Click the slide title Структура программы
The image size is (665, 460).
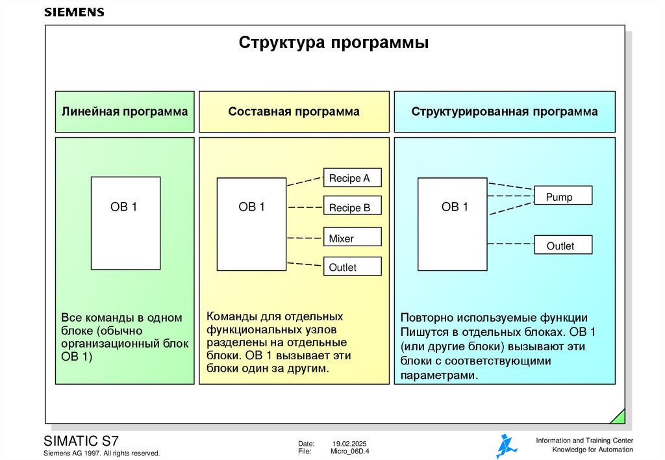334,44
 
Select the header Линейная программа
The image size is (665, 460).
125,112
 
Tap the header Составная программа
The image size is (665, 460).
294,112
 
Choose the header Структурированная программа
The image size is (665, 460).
504,112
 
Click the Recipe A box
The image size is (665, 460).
352,178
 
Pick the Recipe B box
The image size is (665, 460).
352,208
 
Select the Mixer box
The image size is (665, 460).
352,238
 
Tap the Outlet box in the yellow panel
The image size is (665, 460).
352,267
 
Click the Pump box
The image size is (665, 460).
562,197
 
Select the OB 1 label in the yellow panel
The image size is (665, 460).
252,207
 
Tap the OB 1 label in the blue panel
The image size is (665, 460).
455,207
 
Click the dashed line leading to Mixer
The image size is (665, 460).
305,237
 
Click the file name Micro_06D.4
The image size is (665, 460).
350,451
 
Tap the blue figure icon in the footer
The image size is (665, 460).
506,446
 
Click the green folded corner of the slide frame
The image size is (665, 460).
619,416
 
